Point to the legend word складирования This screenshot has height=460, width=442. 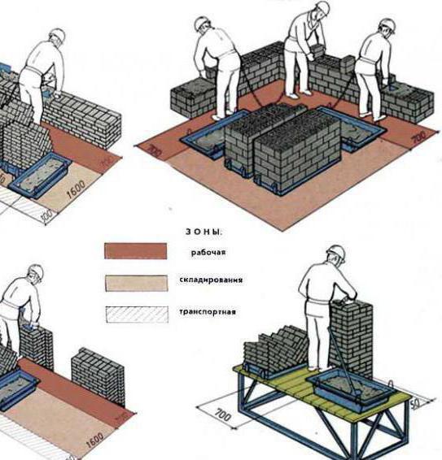210,280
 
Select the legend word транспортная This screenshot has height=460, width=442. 208,310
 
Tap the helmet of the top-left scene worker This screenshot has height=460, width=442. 56,36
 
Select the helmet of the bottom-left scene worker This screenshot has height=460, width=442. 35,274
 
